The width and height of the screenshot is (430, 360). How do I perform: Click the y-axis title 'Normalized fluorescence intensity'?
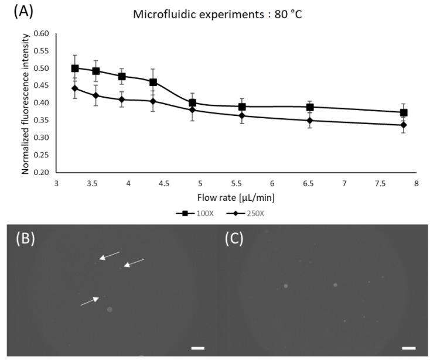pos(26,102)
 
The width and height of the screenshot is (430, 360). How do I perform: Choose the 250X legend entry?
pos(245,213)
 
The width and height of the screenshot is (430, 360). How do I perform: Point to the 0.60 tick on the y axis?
pos(41,33)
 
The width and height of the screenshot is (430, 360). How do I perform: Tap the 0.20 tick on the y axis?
pos(41,173)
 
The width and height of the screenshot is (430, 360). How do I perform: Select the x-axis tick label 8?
pos(416,184)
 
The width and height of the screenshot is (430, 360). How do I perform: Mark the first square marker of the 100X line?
pos(75,68)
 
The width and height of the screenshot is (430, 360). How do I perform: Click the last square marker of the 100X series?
pos(404,112)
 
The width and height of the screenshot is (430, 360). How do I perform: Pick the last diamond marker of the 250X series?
pos(404,125)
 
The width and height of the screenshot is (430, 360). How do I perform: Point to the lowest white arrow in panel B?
pos(90,300)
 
